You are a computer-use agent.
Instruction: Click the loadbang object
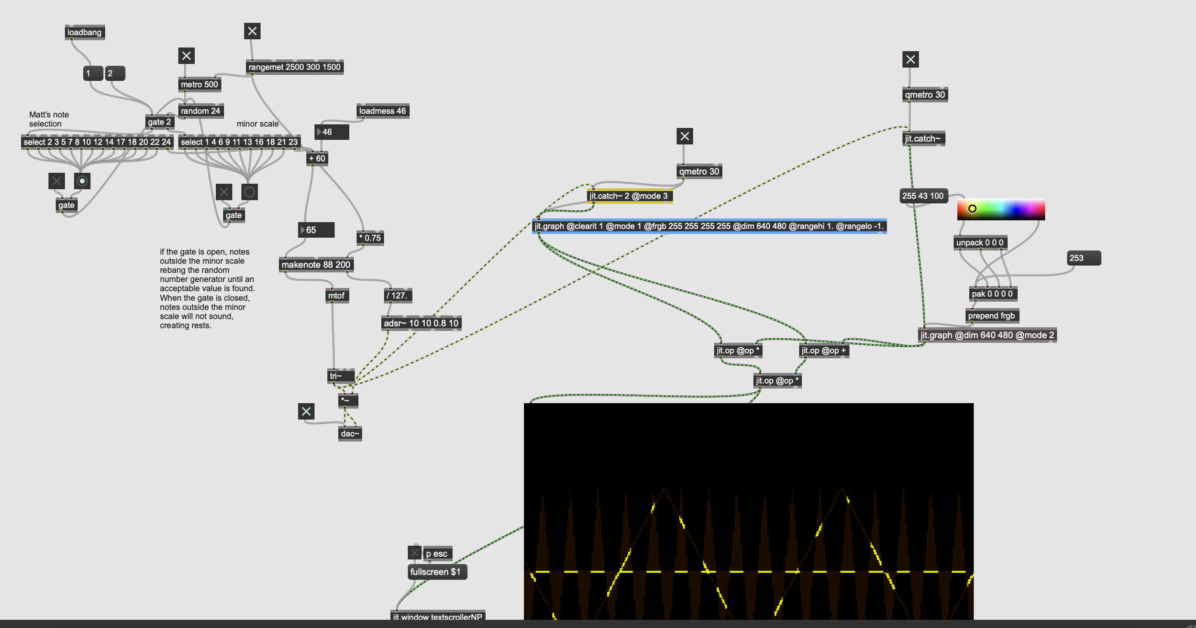click(x=85, y=33)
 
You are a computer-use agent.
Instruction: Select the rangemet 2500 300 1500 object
click(x=294, y=67)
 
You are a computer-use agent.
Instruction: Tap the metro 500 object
click(x=199, y=85)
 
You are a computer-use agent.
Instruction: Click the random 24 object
click(x=200, y=111)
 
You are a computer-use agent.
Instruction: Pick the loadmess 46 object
click(x=382, y=111)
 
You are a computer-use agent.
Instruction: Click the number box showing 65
click(x=316, y=230)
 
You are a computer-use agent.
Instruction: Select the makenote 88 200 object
click(x=316, y=264)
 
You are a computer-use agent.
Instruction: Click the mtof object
click(x=336, y=296)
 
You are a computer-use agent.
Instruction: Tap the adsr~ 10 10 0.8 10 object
click(x=421, y=323)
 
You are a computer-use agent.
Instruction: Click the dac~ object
click(x=350, y=434)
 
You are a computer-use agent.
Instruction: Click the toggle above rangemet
click(x=252, y=31)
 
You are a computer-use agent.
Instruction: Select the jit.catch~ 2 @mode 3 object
click(x=629, y=196)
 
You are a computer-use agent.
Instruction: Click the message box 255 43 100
click(x=923, y=196)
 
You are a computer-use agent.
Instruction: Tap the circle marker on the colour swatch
click(x=972, y=209)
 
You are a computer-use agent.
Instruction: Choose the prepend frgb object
click(x=991, y=316)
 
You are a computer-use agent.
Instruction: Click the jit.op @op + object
click(x=823, y=351)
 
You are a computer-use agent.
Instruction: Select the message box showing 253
click(x=1084, y=258)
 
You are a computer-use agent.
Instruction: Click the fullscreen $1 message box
click(x=437, y=572)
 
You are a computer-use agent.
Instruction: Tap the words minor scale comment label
click(x=257, y=124)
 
